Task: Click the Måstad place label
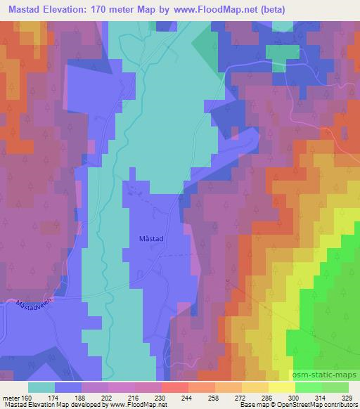tap(152, 239)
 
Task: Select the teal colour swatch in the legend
tap(41, 387)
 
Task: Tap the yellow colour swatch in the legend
tap(282, 387)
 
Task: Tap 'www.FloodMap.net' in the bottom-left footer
tap(133, 405)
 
